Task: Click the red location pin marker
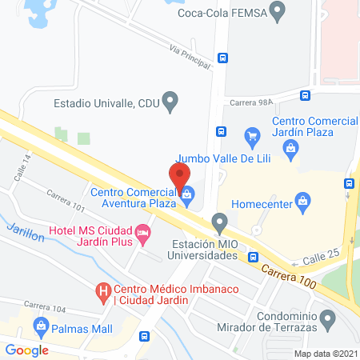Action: pos(179,174)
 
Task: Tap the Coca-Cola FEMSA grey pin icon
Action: pos(278,11)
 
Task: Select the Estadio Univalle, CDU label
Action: pos(106,102)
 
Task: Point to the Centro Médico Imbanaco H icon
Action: pos(102,293)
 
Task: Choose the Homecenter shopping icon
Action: pos(303,199)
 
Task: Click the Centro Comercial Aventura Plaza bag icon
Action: pos(186,193)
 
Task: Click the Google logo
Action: pos(27,350)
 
